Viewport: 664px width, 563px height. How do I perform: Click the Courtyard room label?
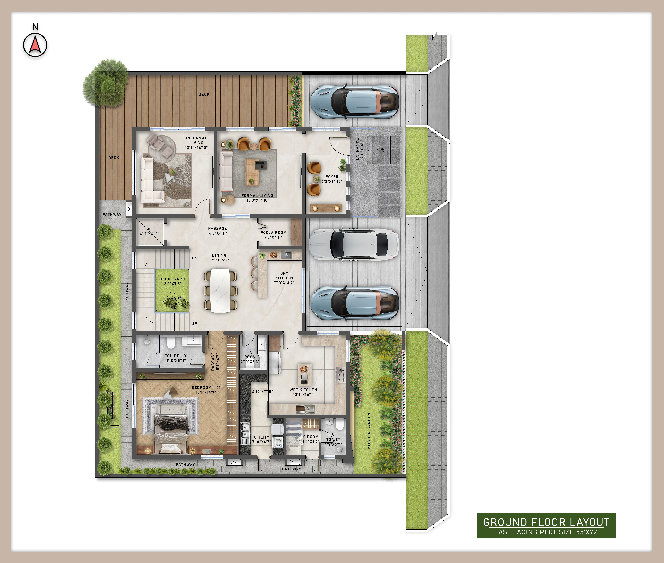coord(173,281)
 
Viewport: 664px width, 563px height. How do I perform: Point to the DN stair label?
coord(194,258)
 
